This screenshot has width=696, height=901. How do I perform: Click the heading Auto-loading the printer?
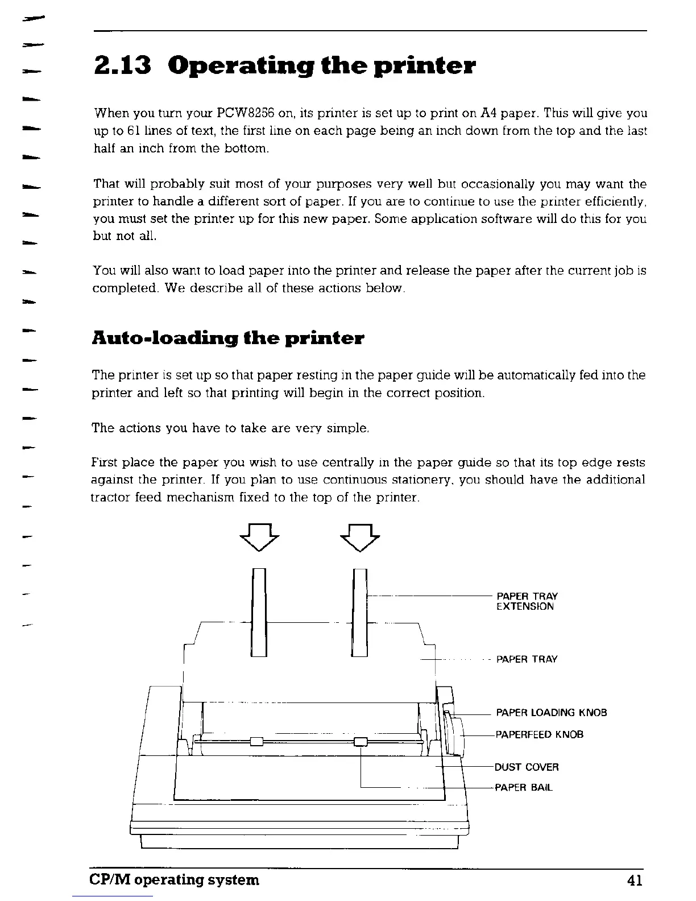[227, 338]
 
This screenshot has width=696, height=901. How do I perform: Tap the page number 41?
[635, 880]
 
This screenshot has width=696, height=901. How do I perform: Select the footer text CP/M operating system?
[175, 880]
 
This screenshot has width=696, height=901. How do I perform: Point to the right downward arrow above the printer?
[359, 538]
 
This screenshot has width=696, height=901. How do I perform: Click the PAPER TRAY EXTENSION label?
[527, 601]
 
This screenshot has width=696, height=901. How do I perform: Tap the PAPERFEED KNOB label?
[540, 734]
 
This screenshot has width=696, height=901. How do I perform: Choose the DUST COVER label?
[527, 767]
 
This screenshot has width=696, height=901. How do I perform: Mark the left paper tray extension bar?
[259, 612]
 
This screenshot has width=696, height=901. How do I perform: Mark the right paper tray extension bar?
[359, 612]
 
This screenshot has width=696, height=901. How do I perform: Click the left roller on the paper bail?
[256, 741]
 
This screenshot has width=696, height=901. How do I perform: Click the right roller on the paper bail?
[361, 741]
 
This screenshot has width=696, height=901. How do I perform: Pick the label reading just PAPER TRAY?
[527, 659]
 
